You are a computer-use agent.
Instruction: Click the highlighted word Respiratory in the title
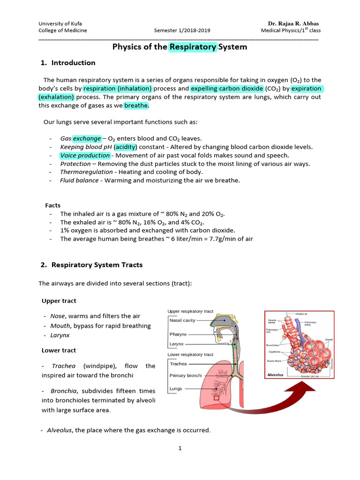193,47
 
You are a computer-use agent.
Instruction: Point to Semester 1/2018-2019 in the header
182,31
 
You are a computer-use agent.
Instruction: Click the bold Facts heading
52,205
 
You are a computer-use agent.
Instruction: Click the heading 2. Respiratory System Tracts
91,265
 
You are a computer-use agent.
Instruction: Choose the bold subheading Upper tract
59,301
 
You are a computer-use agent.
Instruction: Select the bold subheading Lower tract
59,351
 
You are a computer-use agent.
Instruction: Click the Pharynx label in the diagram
179,335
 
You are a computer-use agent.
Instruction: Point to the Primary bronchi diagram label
186,376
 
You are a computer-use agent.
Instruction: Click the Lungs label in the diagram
176,389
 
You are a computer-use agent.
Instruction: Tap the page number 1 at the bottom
180,448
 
